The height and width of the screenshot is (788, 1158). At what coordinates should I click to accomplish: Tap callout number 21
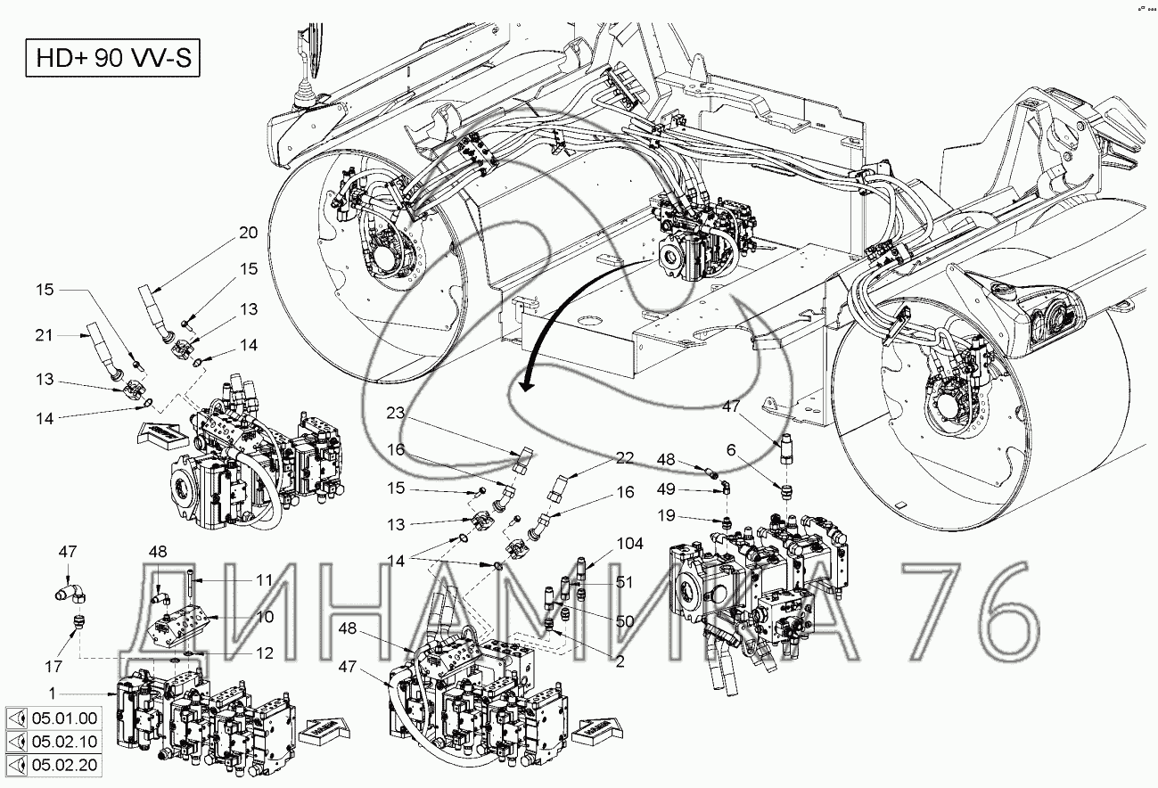coord(43,334)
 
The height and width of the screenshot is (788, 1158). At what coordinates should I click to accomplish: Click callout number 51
coord(623,583)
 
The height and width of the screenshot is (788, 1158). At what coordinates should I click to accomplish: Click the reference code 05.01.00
coord(65,719)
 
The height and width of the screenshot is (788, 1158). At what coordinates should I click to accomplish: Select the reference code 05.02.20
coord(65,765)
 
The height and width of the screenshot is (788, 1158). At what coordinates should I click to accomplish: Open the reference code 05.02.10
coord(65,742)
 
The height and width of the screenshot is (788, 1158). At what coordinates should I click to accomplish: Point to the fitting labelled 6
coord(785,490)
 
